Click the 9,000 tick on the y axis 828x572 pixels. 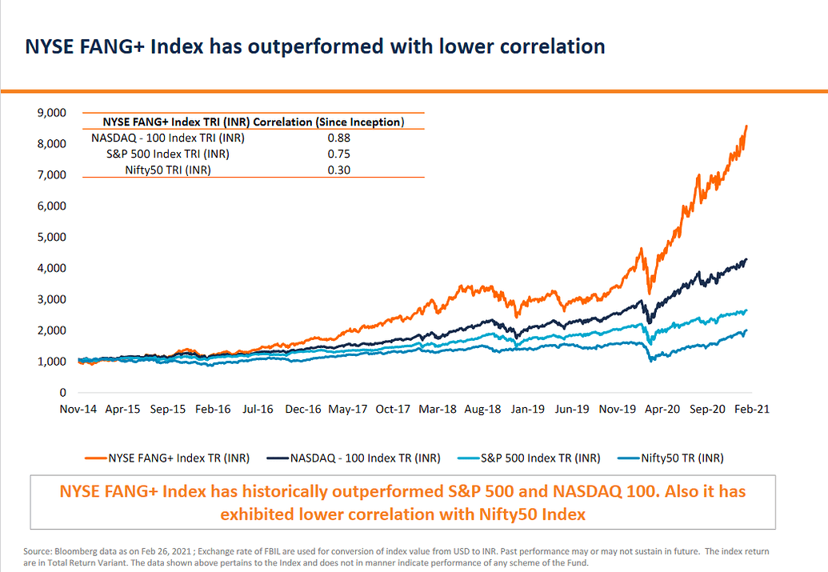[x=52, y=113]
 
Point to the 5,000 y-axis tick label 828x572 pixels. [x=52, y=237]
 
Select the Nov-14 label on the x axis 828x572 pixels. [x=78, y=409]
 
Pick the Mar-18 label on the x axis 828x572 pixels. [x=438, y=409]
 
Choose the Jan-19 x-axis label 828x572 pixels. [x=528, y=409]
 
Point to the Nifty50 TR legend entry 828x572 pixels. [x=682, y=458]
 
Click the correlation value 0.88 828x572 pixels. [x=339, y=138]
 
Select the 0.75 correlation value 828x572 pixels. [x=339, y=154]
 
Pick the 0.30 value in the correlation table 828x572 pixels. [x=339, y=170]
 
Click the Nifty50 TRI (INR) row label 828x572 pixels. [x=168, y=170]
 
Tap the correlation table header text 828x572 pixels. [x=254, y=122]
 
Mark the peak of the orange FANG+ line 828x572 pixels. [x=746, y=126]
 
